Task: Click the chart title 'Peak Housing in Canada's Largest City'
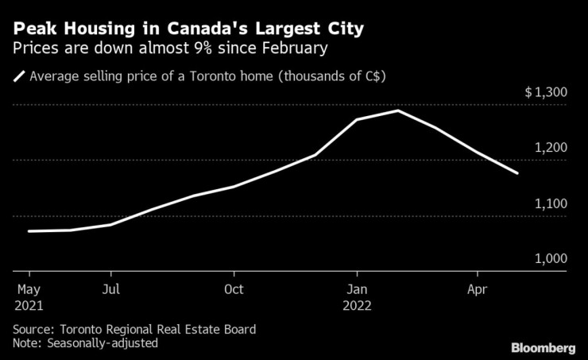tap(188, 30)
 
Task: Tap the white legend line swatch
tap(18, 77)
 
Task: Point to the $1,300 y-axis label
tap(545, 93)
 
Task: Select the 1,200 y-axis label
tap(550, 149)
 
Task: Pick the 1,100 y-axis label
tap(550, 204)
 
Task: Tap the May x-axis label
tap(28, 289)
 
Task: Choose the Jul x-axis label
tap(111, 289)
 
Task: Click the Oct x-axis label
tap(234, 289)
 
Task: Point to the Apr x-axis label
tap(477, 289)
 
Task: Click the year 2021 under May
tap(28, 305)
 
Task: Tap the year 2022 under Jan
tap(358, 305)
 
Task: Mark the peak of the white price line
tap(397, 110)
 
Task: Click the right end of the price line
tap(518, 173)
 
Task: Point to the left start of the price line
tap(29, 231)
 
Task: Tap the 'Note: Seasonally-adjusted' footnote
tap(86, 343)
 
